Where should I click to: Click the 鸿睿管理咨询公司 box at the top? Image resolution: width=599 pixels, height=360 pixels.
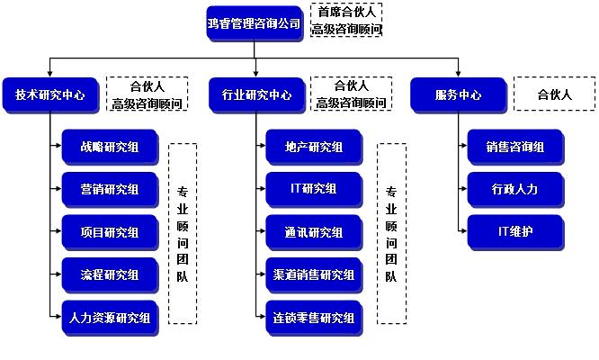[254, 22]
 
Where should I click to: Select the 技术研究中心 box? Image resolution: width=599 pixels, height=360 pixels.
[49, 94]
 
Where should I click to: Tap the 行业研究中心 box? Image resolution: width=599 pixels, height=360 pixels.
[256, 94]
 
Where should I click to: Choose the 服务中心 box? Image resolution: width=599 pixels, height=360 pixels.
[457, 94]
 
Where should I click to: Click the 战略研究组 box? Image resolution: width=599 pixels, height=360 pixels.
[110, 147]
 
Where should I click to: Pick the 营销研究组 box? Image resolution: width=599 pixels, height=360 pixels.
[110, 189]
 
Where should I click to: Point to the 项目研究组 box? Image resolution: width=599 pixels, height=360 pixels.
[110, 232]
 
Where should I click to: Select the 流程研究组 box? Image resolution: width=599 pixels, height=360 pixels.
[110, 274]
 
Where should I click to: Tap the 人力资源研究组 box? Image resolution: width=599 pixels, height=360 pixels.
[110, 317]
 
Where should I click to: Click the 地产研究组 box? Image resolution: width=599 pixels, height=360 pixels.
[314, 147]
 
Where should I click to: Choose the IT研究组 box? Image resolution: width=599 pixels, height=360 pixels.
[314, 189]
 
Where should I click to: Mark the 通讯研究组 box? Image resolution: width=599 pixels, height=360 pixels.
[314, 232]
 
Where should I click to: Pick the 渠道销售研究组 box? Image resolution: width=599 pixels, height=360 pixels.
[314, 274]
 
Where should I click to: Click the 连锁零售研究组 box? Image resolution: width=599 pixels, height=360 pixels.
[314, 317]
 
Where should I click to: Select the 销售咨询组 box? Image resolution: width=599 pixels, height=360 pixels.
[516, 147]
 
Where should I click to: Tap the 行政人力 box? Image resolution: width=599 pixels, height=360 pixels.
[516, 189]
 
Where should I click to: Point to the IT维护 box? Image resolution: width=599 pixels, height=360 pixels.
[516, 232]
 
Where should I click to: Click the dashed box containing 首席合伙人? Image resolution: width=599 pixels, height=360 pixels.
[346, 21]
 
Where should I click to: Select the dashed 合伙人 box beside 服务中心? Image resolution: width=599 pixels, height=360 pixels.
[554, 94]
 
